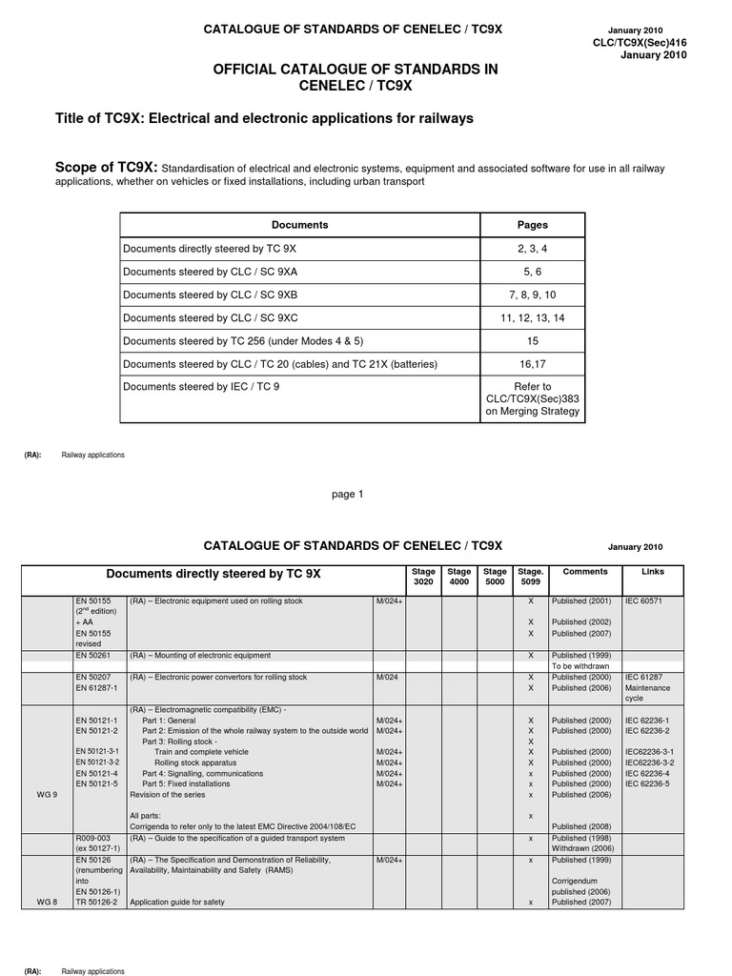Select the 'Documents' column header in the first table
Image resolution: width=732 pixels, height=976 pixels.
299,225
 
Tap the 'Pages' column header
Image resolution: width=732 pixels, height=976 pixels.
532,225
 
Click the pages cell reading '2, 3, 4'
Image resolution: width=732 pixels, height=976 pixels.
532,248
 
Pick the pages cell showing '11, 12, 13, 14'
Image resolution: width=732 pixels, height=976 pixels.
532,317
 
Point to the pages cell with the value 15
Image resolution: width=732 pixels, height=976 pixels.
532,340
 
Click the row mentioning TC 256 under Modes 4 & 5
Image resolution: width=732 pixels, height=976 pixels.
244,340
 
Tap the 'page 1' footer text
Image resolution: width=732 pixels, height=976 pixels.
348,494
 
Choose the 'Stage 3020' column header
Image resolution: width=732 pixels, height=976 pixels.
423,576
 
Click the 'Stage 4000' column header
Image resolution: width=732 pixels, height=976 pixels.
459,576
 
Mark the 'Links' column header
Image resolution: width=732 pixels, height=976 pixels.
653,571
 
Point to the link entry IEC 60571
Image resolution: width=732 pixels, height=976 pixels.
647,602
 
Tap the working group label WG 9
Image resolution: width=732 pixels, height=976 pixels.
45,794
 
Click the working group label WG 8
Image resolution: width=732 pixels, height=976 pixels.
45,902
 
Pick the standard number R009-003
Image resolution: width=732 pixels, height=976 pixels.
93,838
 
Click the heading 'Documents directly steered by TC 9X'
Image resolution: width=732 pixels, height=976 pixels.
213,575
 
